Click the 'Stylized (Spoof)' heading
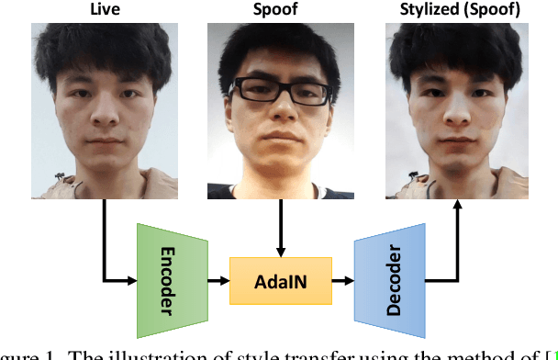(456, 9)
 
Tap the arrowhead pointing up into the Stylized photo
(456, 208)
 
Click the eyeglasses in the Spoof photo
(281, 92)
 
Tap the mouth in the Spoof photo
(281, 145)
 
